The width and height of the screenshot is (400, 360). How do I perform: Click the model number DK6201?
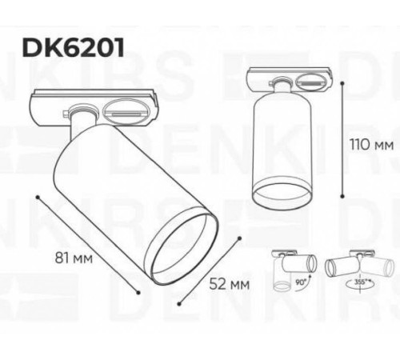(73, 47)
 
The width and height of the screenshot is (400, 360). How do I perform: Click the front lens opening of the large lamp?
(186, 249)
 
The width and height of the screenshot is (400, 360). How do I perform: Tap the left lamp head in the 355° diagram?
(338, 266)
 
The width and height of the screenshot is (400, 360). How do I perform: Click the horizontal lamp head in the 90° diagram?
(305, 262)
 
